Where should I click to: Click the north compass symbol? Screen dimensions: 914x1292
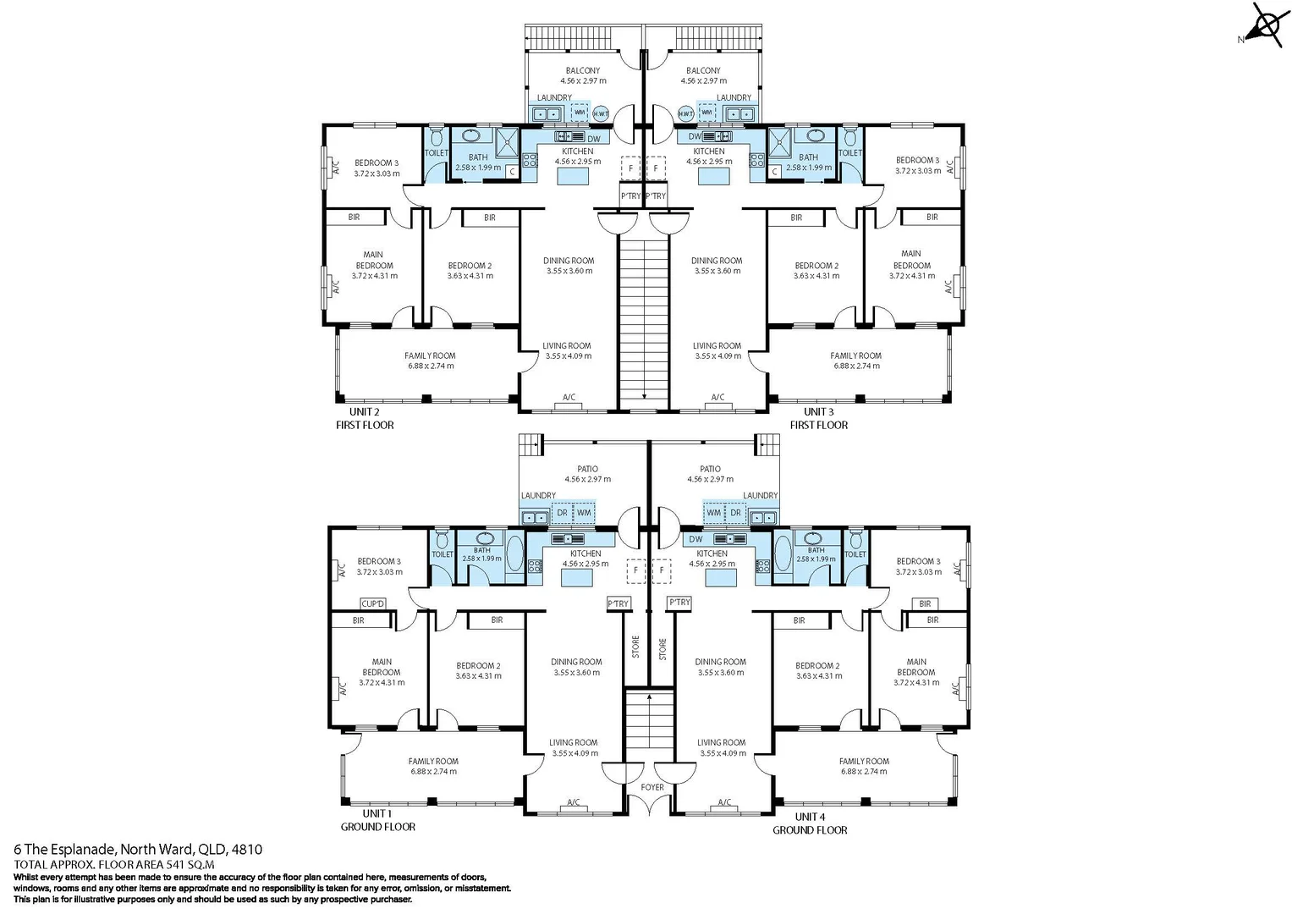coord(1266,25)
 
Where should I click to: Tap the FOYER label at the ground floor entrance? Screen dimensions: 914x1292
coord(652,787)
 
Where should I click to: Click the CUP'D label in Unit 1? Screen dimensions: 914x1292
coord(373,603)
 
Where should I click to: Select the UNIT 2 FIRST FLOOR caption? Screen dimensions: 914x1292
coord(365,418)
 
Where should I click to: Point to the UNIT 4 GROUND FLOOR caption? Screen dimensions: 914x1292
coord(810,823)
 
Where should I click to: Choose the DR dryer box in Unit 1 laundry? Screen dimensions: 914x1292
coord(562,513)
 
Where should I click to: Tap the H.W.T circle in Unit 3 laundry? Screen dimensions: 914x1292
coord(685,113)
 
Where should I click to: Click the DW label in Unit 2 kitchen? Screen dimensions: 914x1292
coord(594,139)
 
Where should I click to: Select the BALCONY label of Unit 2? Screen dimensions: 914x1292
coord(583,71)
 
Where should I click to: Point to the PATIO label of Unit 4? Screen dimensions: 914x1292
coord(711,469)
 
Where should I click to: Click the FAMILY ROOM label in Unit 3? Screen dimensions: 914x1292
coord(855,355)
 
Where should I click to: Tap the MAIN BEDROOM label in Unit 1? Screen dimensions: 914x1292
coord(382,667)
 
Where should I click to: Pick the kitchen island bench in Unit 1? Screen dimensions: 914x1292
coord(578,578)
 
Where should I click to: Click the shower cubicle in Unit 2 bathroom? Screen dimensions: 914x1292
coord(506,141)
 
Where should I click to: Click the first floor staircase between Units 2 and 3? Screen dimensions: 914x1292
coord(644,322)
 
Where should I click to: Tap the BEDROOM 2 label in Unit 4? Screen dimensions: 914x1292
coord(818,666)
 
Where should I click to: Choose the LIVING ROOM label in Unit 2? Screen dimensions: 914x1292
coord(567,345)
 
